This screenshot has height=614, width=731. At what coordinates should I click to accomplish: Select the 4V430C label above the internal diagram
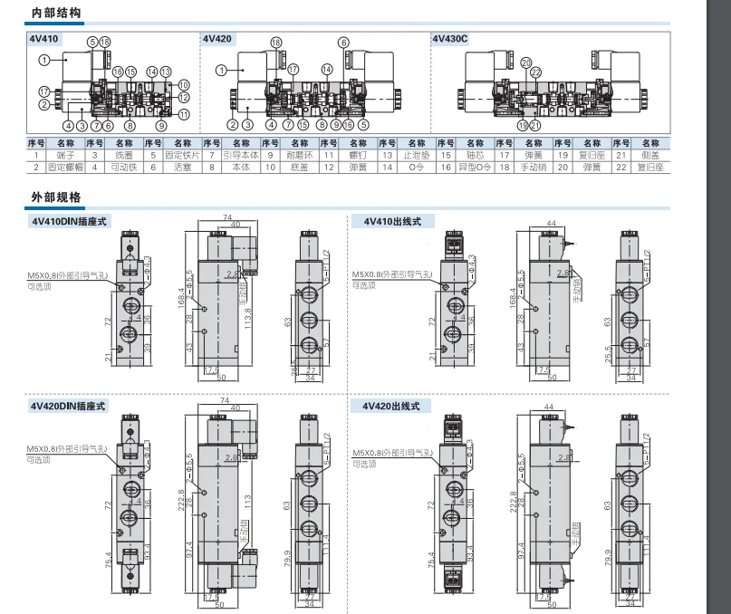(449, 39)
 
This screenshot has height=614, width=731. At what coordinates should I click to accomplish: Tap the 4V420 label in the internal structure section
(216, 39)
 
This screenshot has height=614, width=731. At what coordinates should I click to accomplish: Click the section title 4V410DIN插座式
(69, 221)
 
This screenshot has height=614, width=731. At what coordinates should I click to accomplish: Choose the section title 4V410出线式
(388, 221)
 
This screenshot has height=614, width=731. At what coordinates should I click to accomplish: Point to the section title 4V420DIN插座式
(69, 407)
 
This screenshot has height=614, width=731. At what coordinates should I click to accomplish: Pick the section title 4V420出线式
(388, 407)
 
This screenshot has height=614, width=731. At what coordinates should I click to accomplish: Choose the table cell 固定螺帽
(64, 167)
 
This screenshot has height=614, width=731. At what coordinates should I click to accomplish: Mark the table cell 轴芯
(474, 155)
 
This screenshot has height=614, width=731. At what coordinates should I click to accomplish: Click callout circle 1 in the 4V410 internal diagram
(43, 60)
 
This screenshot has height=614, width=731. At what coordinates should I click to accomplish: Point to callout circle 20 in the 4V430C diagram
(525, 62)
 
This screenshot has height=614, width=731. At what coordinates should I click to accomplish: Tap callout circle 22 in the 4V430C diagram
(536, 72)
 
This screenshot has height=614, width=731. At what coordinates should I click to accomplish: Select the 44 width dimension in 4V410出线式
(550, 223)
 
